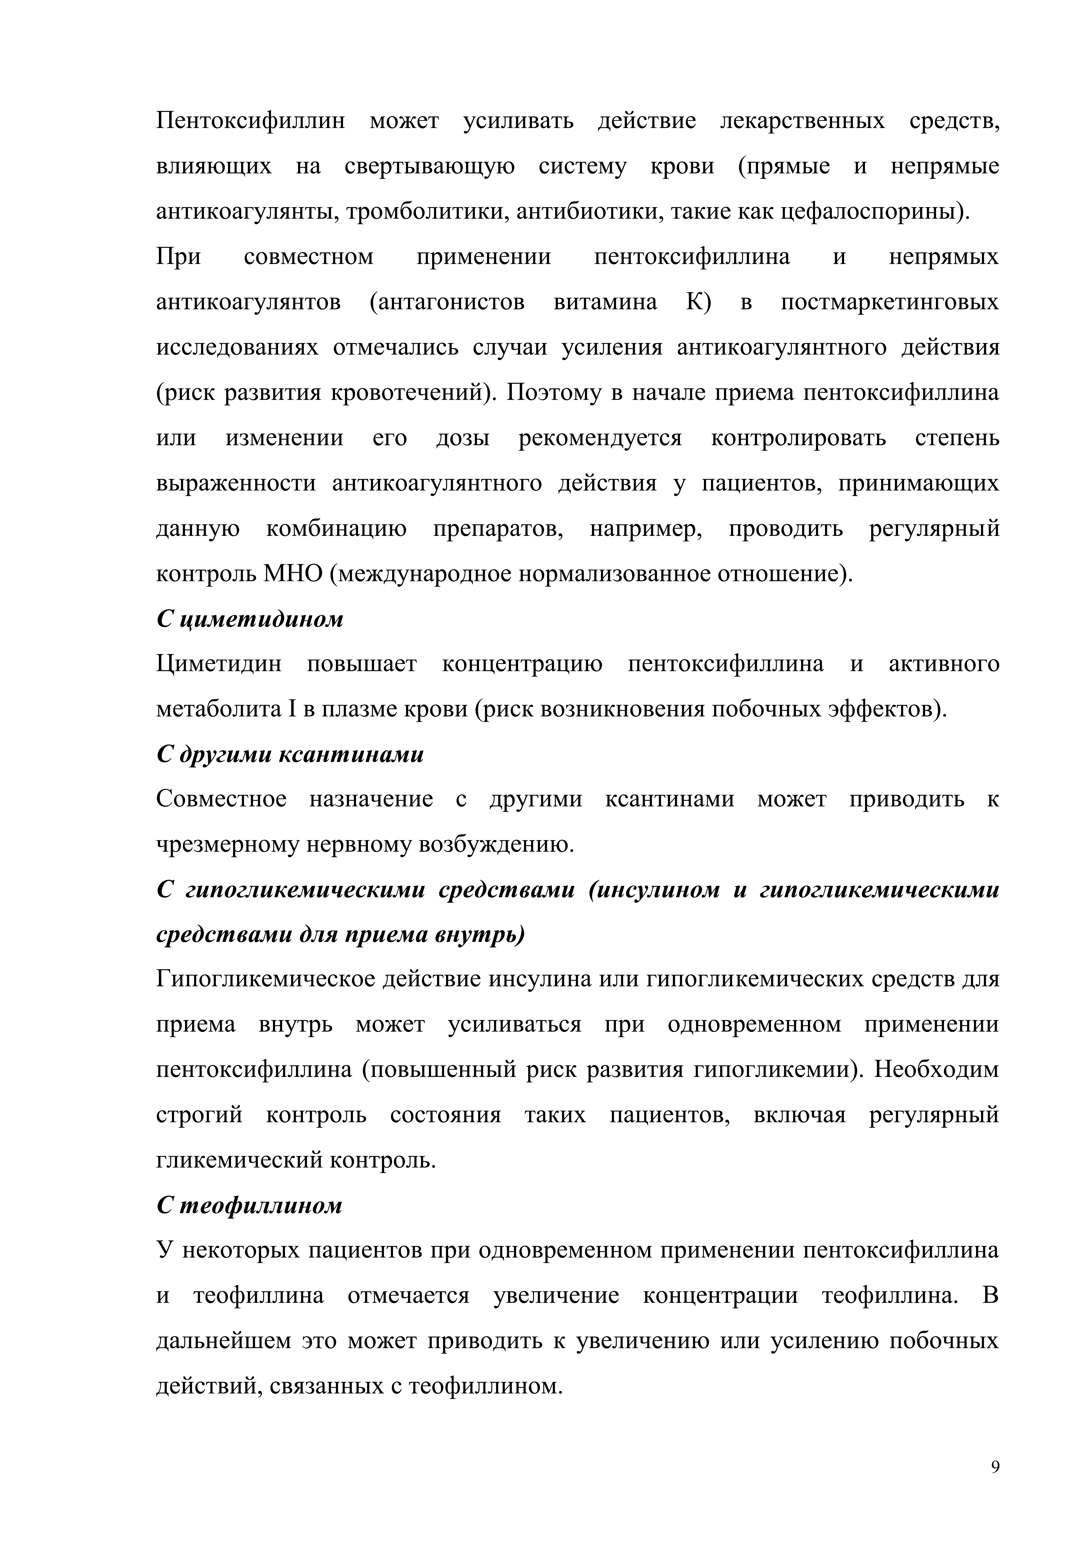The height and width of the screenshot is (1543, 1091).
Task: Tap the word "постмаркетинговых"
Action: (x=889, y=302)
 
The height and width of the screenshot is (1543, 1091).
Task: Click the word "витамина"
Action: (x=605, y=302)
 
